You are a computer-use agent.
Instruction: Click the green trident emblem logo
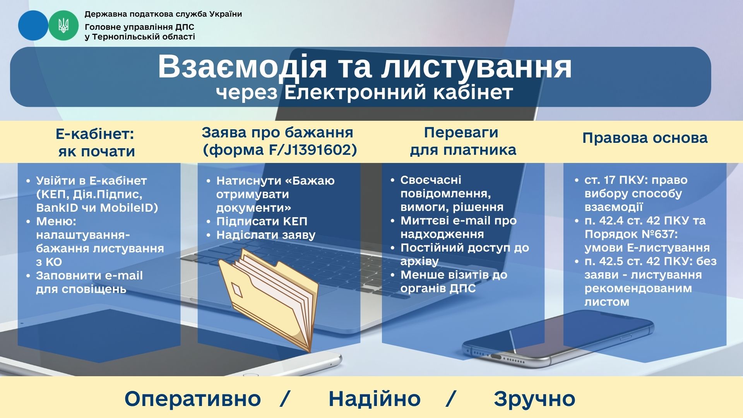tap(63, 26)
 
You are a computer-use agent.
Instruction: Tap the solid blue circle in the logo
tap(33, 26)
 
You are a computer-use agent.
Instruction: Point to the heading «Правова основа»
tap(645, 138)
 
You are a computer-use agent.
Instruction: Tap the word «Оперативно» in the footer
tap(193, 399)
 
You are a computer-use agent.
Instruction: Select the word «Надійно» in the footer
tap(374, 399)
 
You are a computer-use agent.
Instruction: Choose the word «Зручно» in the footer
tap(534, 399)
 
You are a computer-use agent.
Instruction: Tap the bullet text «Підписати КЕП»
tap(262, 221)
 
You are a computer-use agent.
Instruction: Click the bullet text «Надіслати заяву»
tap(266, 235)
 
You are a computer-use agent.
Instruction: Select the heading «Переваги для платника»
tap(463, 141)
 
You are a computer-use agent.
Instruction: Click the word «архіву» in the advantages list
tap(419, 262)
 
